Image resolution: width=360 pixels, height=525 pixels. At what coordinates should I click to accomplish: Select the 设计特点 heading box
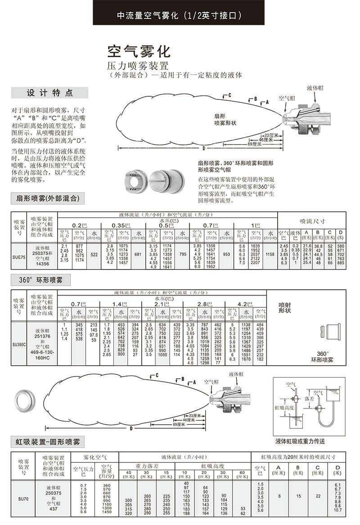coord(49,93)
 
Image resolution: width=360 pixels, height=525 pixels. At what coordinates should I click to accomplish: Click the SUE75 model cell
coord(19,255)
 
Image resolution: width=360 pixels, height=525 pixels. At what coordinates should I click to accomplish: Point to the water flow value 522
coord(94,255)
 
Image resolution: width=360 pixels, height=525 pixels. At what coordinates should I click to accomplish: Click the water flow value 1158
coord(270,255)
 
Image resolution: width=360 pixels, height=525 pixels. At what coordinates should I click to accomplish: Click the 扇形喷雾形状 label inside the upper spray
coord(225,119)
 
